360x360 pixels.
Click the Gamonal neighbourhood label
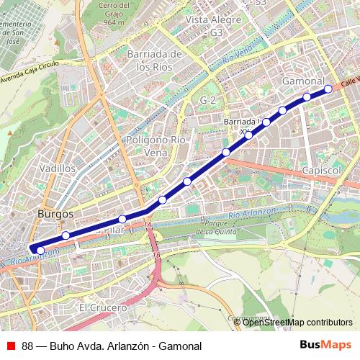coord(305,80)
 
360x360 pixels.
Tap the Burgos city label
coord(55,215)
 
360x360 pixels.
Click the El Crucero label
coord(103,307)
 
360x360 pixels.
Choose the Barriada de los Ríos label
coord(152,60)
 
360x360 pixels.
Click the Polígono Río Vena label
coord(156,146)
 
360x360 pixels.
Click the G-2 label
coord(209,99)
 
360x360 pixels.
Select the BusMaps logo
coord(325,345)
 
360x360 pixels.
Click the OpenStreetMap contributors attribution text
coord(297,323)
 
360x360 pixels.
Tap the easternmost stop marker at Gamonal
coord(328,89)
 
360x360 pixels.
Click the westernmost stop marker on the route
coord(40,250)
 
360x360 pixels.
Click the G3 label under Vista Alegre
coord(217,33)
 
